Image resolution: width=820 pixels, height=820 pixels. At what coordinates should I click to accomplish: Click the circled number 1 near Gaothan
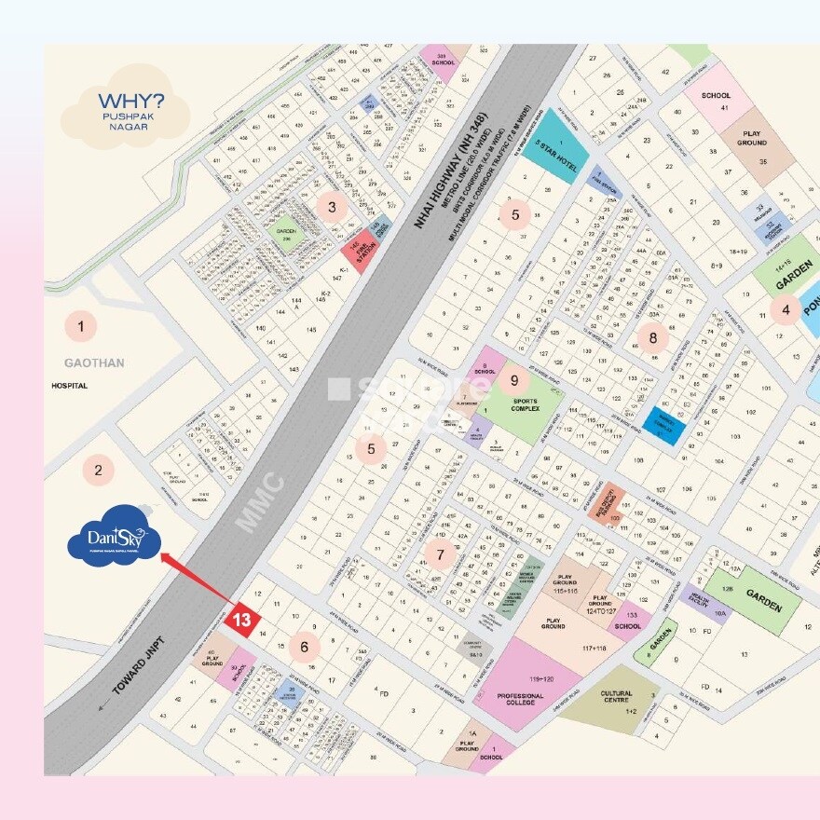click(x=81, y=326)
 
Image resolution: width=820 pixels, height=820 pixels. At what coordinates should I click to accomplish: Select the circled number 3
click(x=332, y=207)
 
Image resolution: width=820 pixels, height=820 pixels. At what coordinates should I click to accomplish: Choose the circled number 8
click(x=653, y=338)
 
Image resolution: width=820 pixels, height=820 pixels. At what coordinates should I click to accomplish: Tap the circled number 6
click(x=304, y=646)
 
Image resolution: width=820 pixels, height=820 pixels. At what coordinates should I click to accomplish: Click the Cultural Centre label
click(x=616, y=694)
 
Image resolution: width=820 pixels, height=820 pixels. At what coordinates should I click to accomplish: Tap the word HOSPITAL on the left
click(x=70, y=386)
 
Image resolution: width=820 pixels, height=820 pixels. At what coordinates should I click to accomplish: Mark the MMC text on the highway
click(x=260, y=503)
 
